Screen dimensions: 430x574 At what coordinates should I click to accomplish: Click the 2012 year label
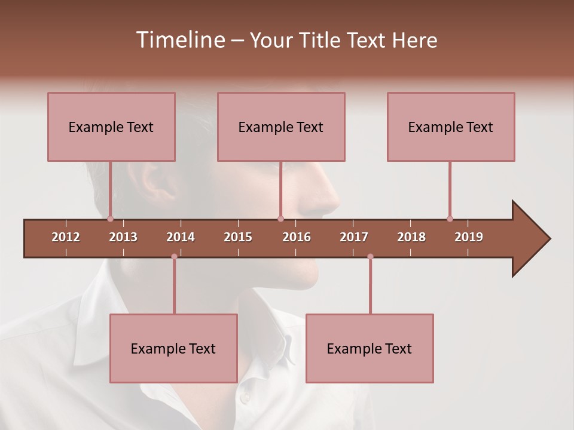66,237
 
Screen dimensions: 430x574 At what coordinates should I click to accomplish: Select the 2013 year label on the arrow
123,237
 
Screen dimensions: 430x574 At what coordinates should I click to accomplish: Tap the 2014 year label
181,237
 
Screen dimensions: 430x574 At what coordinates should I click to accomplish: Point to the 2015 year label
238,237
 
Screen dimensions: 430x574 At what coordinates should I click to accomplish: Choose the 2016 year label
297,237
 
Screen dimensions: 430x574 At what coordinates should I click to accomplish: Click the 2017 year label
354,237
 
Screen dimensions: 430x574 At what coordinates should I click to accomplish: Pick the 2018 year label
411,237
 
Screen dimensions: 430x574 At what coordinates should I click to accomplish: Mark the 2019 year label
469,237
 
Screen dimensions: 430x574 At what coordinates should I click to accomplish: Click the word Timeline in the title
178,40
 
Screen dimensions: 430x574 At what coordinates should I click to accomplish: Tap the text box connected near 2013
111,127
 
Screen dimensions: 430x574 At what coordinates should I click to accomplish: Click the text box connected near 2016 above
281,127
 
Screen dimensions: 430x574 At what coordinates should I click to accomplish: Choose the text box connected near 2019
451,127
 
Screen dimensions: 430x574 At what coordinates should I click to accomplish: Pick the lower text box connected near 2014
173,348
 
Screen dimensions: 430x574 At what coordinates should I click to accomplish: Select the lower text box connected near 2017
370,348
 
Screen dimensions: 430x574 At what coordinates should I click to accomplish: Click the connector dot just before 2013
110,219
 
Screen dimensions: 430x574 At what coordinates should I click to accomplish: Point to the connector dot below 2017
370,257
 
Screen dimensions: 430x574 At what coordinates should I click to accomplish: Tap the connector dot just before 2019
450,219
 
